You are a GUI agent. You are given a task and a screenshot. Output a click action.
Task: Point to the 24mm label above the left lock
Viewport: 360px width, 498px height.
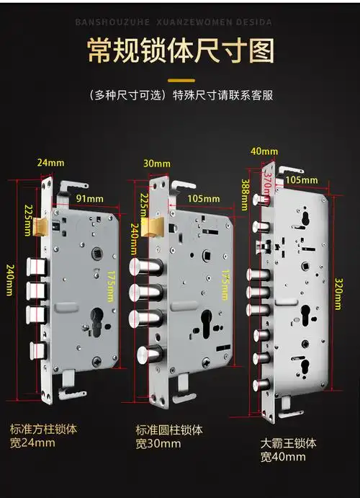(x=45, y=164)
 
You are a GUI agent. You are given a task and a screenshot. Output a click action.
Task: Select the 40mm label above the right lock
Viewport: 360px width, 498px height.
(x=264, y=151)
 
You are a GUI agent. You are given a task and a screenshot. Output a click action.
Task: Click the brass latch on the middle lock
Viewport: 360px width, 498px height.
(x=152, y=228)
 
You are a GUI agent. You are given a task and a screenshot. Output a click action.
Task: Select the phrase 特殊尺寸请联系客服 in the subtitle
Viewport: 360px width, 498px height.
(x=222, y=95)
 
